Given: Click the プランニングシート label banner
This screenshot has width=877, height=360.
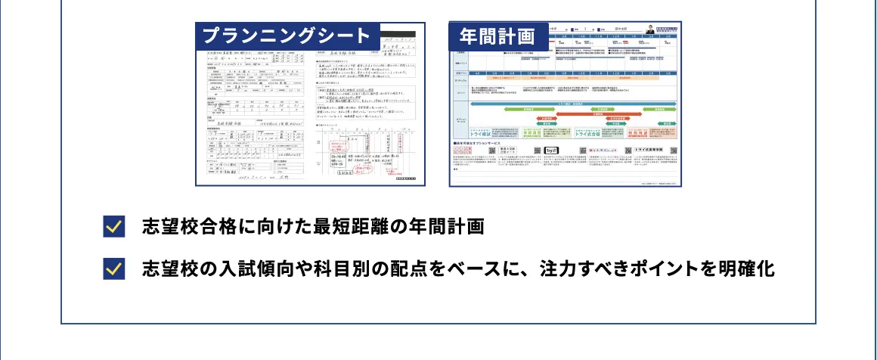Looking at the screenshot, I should (287, 36).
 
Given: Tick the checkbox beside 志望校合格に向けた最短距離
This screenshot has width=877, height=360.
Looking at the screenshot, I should (113, 227).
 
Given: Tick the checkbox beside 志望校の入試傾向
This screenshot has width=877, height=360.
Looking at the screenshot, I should (113, 268).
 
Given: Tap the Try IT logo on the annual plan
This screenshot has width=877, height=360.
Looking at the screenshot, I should (550, 151).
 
